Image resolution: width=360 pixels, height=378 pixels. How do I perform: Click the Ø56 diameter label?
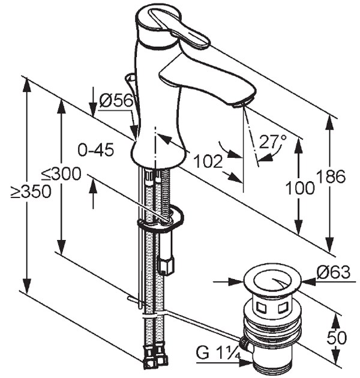tap(116, 101)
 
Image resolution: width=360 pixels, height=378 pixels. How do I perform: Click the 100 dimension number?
tap(301, 188)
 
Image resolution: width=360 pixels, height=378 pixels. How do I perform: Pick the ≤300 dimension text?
tap(60, 175)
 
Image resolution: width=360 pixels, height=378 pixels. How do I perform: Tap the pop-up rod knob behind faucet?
tap(130, 78)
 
